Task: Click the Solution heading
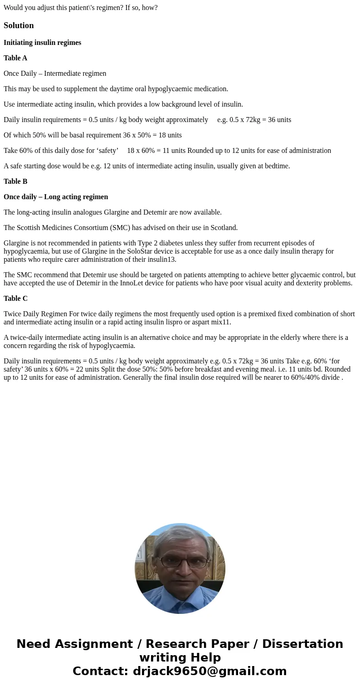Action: [19, 25]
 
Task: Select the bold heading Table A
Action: [15, 58]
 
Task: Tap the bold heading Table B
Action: [15, 181]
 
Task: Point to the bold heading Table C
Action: [15, 299]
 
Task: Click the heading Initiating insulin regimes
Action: [42, 43]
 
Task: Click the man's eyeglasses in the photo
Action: [180, 562]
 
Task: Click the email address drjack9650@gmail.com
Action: [209, 671]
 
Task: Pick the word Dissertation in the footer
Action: [302, 644]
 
